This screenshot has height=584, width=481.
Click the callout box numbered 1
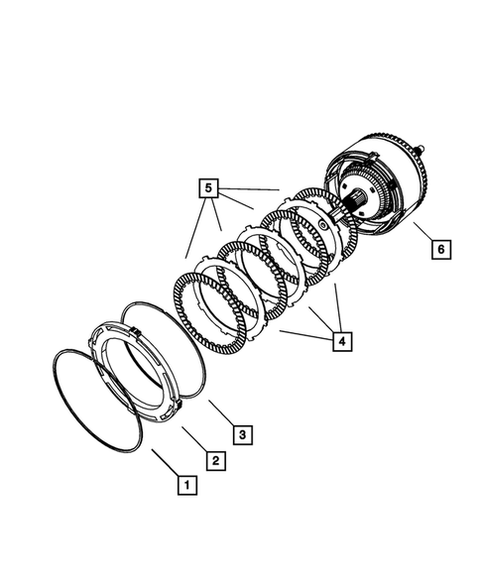(184, 486)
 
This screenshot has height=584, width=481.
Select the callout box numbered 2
(212, 459)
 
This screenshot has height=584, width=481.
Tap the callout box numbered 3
(240, 433)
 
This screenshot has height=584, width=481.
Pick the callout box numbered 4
(340, 341)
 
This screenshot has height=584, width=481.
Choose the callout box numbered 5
(206, 186)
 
